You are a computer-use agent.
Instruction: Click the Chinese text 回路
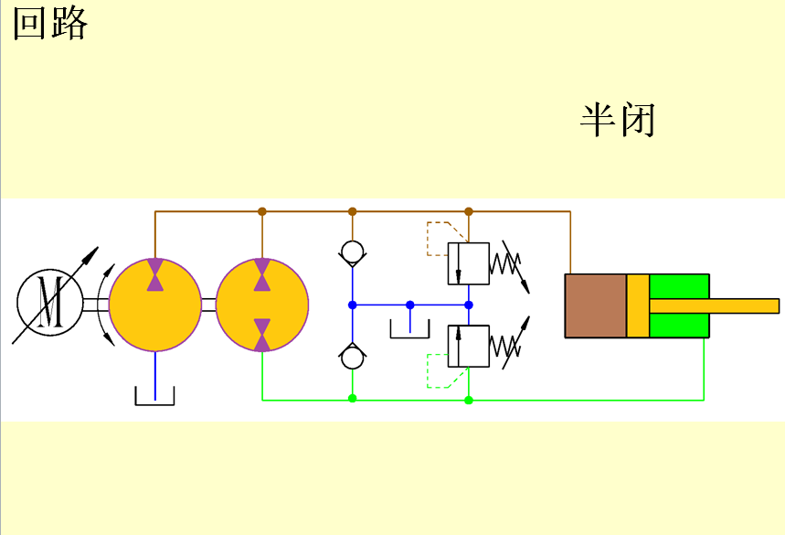(x=50, y=25)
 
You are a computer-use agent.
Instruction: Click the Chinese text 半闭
(x=618, y=120)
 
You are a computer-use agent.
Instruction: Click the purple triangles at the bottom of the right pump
(x=262, y=334)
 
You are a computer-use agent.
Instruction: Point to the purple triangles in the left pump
(x=155, y=275)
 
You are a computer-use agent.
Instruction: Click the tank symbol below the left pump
(x=154, y=396)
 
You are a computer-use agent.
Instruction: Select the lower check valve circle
(x=352, y=358)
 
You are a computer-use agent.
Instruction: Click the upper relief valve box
(x=469, y=263)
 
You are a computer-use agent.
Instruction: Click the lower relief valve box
(x=469, y=346)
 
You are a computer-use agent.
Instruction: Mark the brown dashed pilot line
(x=437, y=238)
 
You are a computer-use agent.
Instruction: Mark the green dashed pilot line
(x=439, y=372)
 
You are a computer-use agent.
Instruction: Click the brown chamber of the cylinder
(x=595, y=305)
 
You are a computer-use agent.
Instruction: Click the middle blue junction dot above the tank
(x=409, y=305)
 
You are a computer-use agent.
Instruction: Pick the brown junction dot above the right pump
(x=262, y=211)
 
